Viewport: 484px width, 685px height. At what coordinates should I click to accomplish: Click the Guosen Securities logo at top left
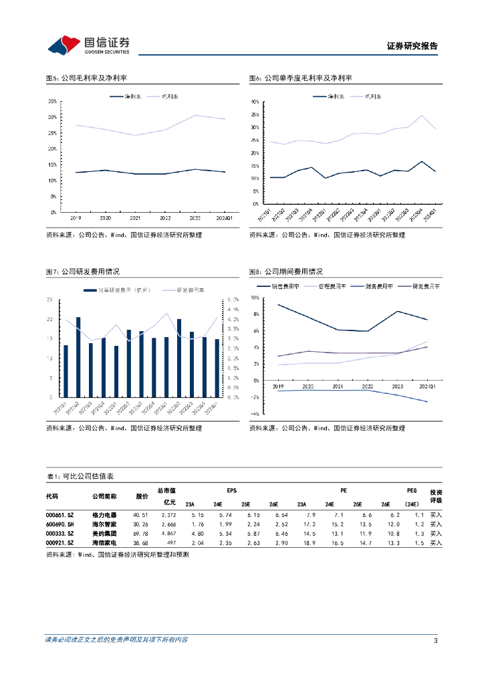88,45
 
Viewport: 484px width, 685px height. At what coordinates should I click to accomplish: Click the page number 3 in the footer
435,640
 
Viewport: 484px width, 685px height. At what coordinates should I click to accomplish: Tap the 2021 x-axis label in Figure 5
136,218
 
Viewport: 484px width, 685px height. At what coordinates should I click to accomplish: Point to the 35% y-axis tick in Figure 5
51,101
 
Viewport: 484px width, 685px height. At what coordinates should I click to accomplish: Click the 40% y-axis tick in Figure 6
255,102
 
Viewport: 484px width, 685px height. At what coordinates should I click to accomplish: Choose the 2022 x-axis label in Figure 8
367,387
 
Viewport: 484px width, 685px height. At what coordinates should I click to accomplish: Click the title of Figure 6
300,78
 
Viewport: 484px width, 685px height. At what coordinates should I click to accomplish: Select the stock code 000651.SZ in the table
59,514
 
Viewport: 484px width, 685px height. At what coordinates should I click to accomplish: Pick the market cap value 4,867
168,534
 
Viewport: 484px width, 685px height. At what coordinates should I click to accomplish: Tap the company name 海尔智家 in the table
104,524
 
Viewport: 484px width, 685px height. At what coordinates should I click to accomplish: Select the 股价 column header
142,496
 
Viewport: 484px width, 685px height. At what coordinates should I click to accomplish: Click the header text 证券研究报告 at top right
412,46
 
